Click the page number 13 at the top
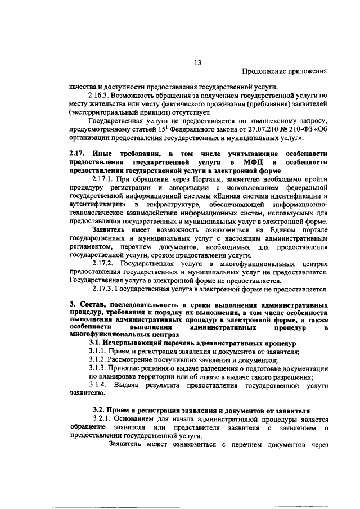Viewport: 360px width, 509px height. (x=197, y=62)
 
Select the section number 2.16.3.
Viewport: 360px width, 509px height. (x=100, y=96)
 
